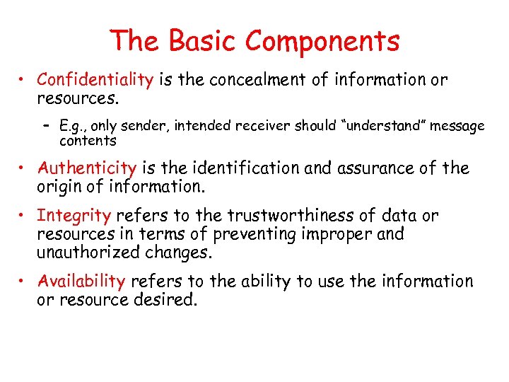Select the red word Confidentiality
click(x=95, y=79)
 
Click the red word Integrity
click(x=74, y=216)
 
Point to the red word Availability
click(x=82, y=281)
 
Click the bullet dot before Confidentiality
click(x=24, y=80)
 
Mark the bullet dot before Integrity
click(x=24, y=216)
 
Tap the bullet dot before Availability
click(x=24, y=282)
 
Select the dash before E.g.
click(x=46, y=126)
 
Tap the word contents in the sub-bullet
click(x=88, y=140)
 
